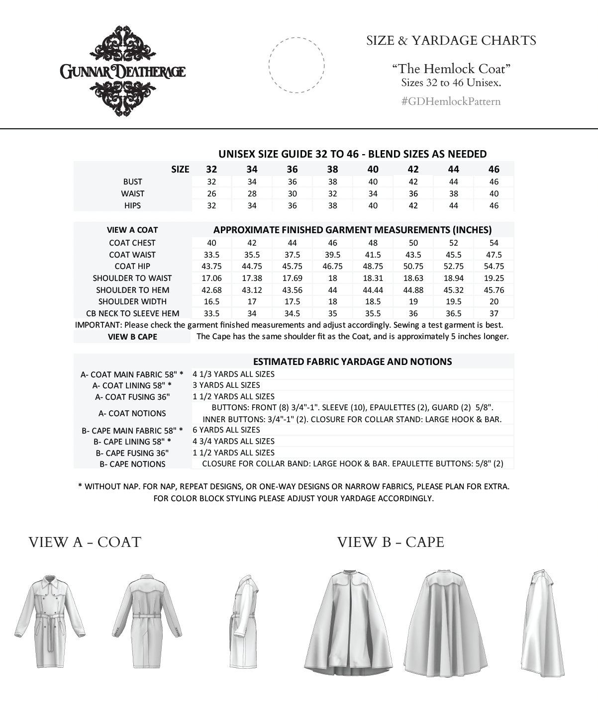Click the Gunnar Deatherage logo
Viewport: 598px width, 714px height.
tap(123, 72)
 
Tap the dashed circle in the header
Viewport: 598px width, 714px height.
tap(297, 65)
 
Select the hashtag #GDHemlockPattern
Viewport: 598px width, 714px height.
tap(451, 102)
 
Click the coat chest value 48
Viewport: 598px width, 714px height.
tap(373, 243)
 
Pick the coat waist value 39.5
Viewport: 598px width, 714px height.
tap(332, 255)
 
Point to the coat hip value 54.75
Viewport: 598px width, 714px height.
tap(494, 267)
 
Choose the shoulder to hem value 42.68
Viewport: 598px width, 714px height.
tap(211, 290)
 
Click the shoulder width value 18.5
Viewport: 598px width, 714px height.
tap(373, 302)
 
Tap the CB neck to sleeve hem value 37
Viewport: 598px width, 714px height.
tap(494, 314)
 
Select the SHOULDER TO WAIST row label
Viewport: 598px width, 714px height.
tap(132, 278)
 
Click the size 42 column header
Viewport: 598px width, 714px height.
tap(413, 169)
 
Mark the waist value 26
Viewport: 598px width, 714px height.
tap(211, 194)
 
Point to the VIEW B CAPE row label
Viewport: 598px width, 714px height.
tap(132, 337)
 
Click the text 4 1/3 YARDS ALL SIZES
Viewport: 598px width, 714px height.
tap(233, 374)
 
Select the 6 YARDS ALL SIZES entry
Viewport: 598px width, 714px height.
tap(226, 430)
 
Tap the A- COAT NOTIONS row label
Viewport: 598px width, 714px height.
tap(132, 414)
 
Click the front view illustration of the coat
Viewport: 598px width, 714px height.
tap(49, 622)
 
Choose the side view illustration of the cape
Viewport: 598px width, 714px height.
tap(543, 622)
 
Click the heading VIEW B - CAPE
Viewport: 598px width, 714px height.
tap(391, 542)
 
